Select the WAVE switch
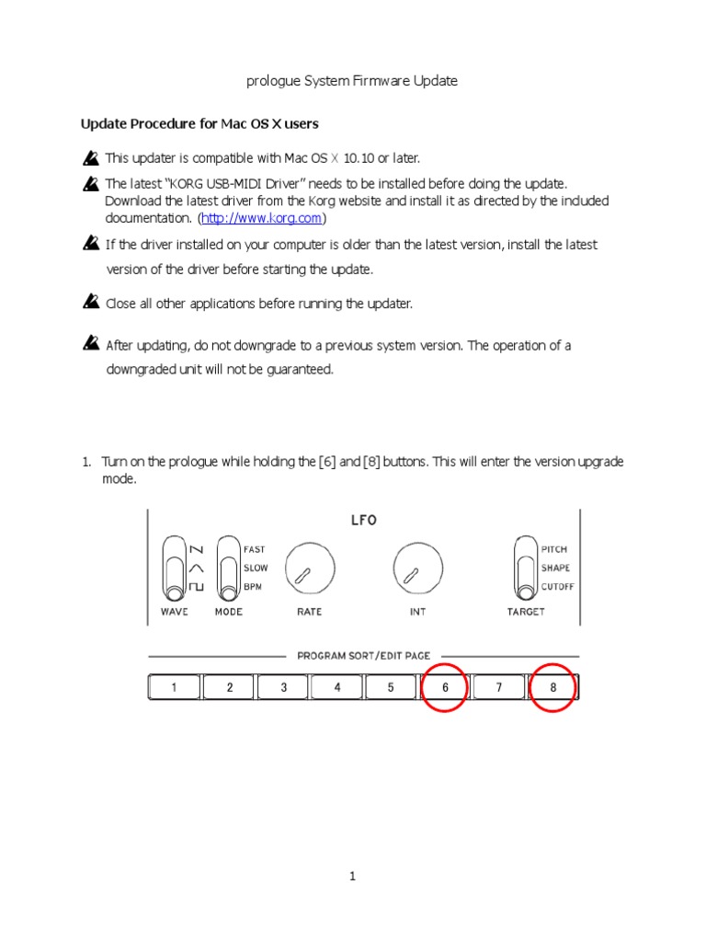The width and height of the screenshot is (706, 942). click(173, 569)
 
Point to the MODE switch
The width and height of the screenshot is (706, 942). click(227, 569)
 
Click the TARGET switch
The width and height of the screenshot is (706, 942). click(526, 568)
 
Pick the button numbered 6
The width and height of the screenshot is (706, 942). click(446, 687)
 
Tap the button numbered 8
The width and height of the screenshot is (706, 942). click(553, 687)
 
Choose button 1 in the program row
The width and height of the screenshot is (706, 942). click(175, 687)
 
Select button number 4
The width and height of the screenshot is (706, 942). click(336, 687)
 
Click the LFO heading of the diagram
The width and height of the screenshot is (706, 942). click(364, 521)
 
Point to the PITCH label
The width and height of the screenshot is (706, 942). click(554, 549)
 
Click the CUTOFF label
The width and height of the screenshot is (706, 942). click(556, 586)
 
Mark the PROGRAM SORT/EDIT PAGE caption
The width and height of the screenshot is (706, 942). click(363, 656)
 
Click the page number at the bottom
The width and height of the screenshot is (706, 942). click(352, 877)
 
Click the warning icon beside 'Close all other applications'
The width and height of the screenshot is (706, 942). click(90, 302)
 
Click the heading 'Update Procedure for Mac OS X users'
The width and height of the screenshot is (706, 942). click(199, 123)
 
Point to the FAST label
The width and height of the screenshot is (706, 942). click(254, 549)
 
